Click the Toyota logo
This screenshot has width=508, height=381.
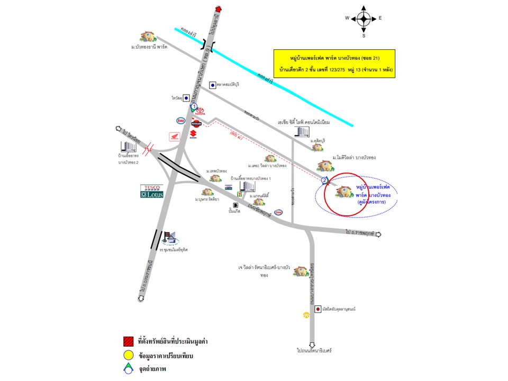[200, 112]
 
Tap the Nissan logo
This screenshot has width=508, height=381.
[196, 124]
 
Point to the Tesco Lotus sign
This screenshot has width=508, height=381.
[152, 191]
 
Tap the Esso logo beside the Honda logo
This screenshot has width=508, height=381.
[180, 120]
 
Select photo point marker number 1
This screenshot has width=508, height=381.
[194, 106]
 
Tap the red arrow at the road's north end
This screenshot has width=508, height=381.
[220, 8]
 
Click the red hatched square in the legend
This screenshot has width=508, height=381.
[128, 341]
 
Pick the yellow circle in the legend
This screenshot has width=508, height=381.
[128, 355]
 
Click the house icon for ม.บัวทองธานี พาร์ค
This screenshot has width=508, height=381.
[148, 37]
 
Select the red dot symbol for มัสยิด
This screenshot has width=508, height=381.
[317, 309]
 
